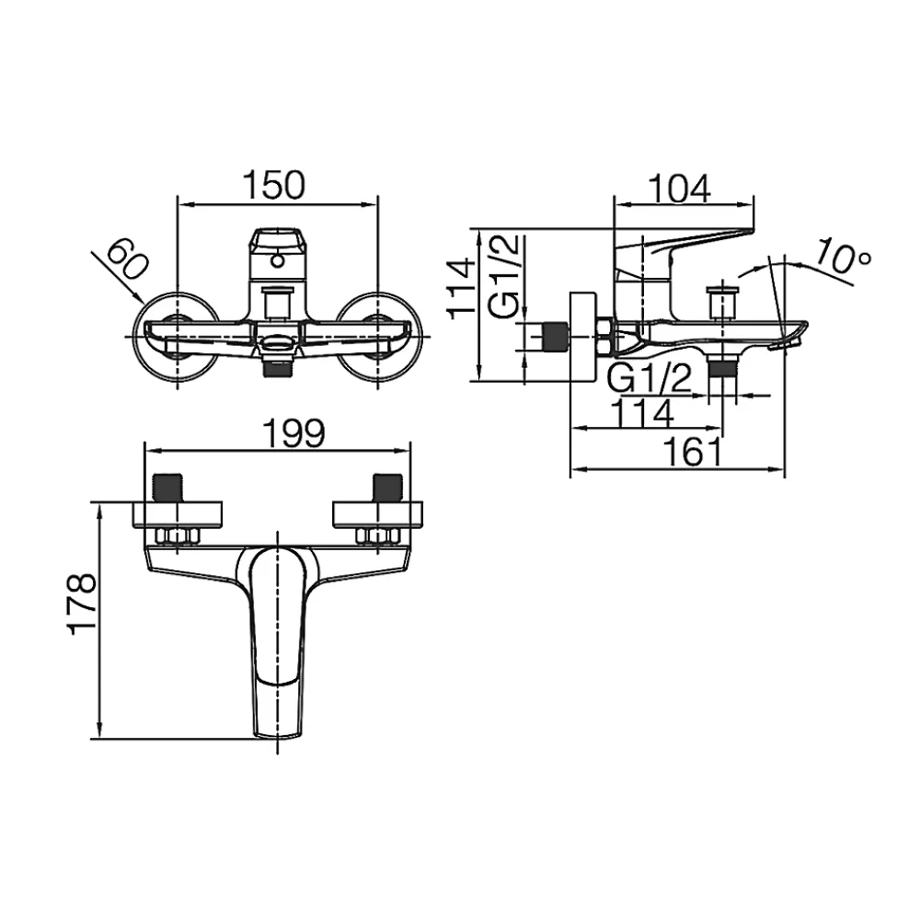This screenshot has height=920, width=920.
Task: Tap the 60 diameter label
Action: [127, 259]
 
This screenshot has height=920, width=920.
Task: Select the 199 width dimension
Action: [293, 433]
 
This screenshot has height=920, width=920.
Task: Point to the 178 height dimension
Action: [82, 603]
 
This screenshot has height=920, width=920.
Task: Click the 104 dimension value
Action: [680, 189]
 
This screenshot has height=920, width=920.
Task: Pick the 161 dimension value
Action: [693, 453]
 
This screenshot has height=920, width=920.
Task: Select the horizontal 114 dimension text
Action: [642, 413]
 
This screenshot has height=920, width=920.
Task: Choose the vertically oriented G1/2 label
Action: [503, 276]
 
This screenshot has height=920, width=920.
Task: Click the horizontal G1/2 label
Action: [650, 378]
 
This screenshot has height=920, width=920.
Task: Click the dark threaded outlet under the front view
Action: [278, 369]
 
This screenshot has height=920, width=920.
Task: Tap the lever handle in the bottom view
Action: [278, 639]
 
